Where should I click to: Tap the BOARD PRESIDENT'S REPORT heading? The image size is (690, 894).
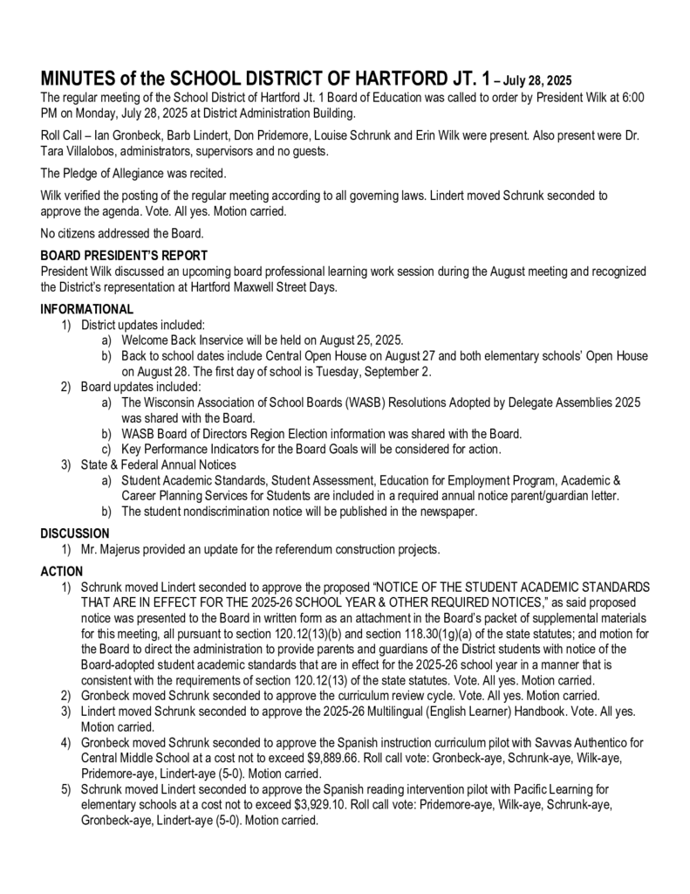124,256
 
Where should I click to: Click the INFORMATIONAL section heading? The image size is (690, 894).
87,309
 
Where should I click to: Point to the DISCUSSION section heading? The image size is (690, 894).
75,533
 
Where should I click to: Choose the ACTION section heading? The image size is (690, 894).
62,571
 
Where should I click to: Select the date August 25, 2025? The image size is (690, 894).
359,340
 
